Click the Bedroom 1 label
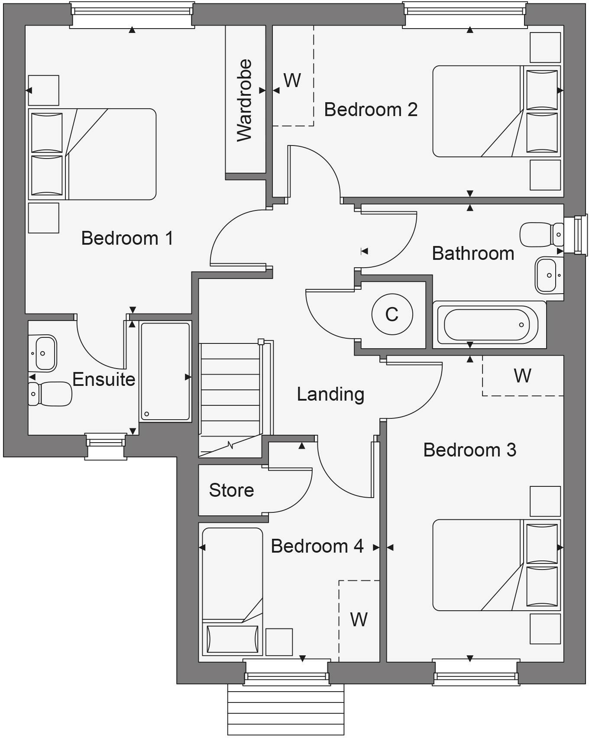coord(127,238)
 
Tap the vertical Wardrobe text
coord(245,100)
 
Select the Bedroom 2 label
coord(371,110)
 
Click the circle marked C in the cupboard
coord(392,314)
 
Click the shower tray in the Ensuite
coord(165,372)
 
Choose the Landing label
coord(330,394)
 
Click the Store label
coord(231,490)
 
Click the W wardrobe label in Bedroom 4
coord(359,620)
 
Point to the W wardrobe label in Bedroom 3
coord(522,375)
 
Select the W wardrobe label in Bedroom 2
coord(292,80)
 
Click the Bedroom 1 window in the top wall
coord(132,14)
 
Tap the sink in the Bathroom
coord(548,275)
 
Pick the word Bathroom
coord(473,253)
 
